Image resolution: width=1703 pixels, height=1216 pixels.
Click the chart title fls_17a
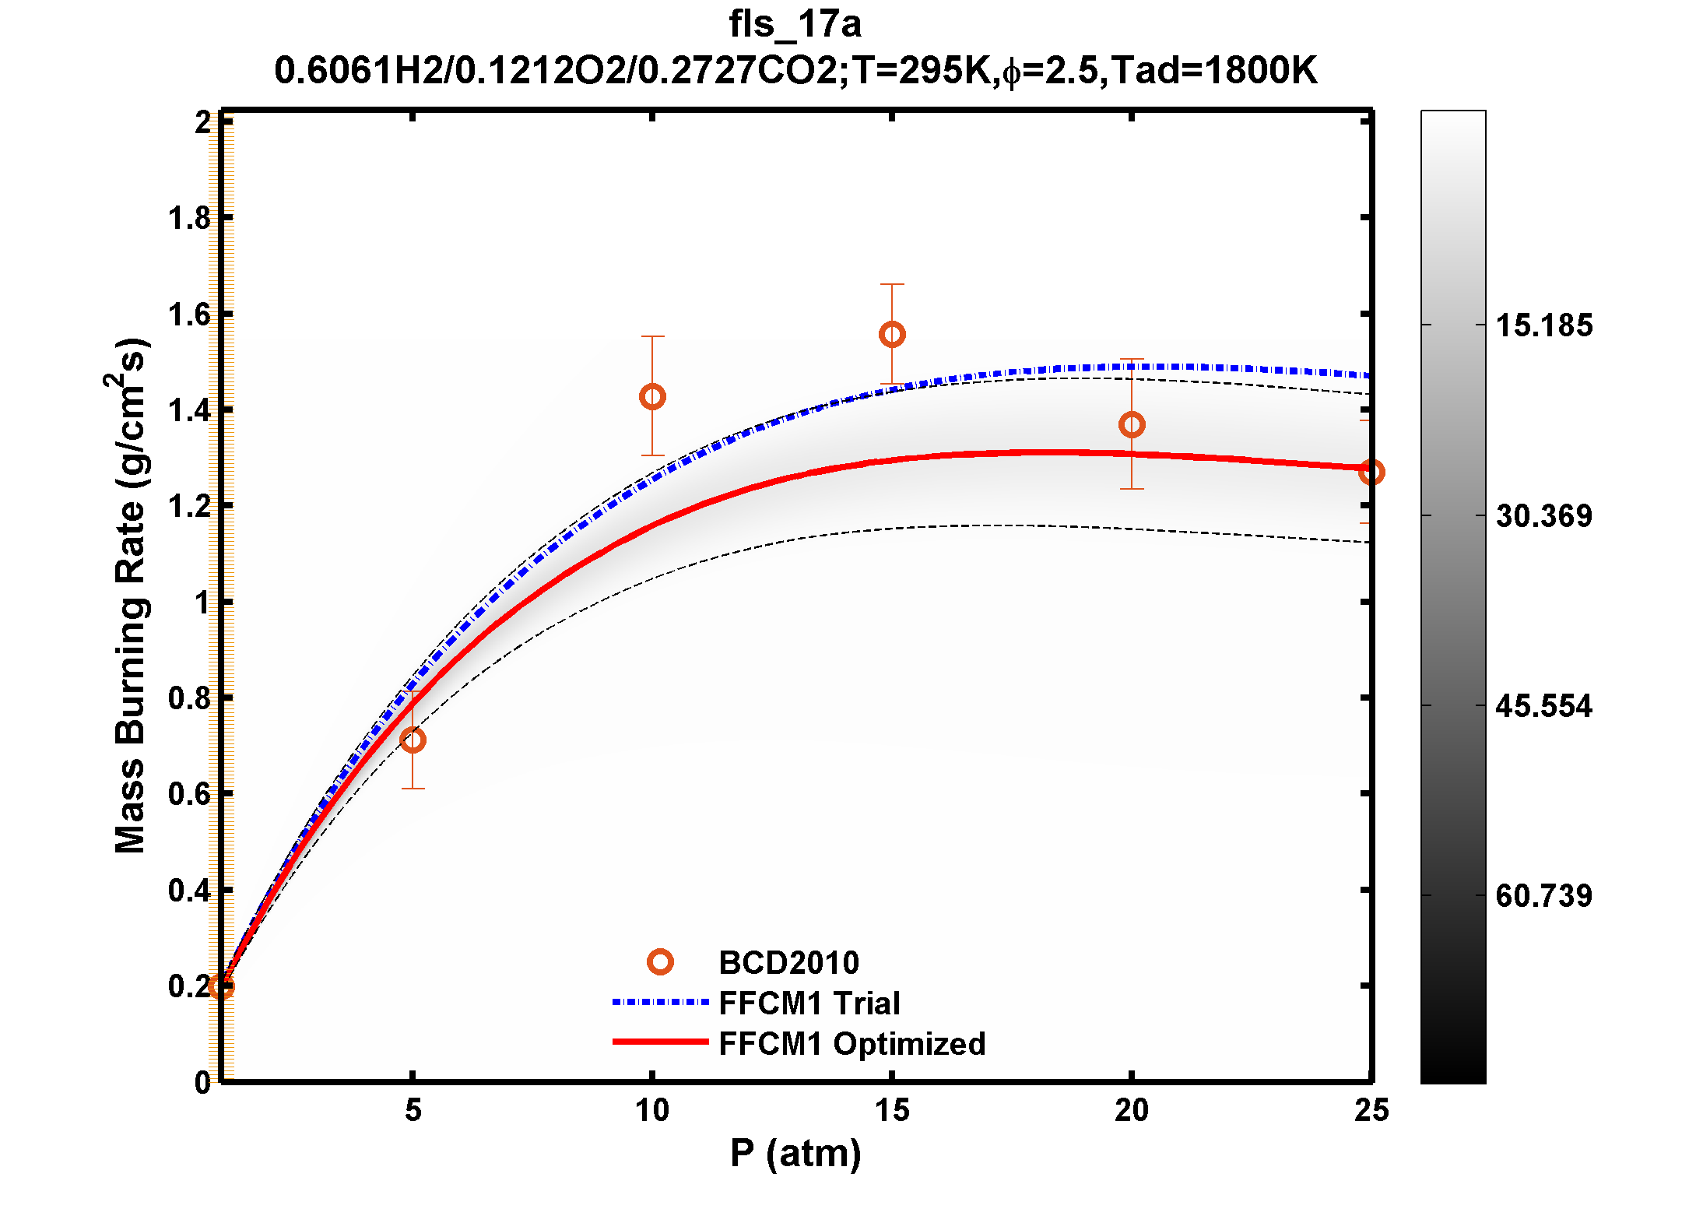pos(795,23)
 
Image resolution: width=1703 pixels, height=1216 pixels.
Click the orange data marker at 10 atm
pos(652,397)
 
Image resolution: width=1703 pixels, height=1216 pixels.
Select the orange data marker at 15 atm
pos(892,335)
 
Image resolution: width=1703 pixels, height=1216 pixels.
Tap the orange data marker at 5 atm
pos(413,740)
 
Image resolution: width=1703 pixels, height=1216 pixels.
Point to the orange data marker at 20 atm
pos(1132,425)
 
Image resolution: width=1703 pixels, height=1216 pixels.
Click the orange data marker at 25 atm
pos(1371,472)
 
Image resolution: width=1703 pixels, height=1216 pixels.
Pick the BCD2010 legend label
pos(788,963)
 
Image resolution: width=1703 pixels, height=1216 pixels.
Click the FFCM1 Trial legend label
pos(809,1003)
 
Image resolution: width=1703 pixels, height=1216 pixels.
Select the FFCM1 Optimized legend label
pos(851,1044)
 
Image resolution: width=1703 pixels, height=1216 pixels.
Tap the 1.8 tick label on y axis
pos(190,219)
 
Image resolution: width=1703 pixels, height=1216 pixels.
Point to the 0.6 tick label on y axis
pos(190,795)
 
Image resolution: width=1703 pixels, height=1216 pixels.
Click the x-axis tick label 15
pos(892,1110)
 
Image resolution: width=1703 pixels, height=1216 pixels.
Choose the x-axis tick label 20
pos(1132,1110)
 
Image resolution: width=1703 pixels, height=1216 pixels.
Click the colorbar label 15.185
pos(1544,325)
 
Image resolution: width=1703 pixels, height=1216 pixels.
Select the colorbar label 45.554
pos(1544,706)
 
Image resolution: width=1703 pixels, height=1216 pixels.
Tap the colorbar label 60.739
pos(1544,896)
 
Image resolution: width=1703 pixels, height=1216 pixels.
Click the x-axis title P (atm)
pos(795,1153)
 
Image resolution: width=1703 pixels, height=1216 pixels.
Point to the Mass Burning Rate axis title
pos(130,596)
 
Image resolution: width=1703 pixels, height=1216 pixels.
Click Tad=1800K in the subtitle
pos(1213,70)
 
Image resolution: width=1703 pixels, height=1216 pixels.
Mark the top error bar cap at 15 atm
pos(892,284)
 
